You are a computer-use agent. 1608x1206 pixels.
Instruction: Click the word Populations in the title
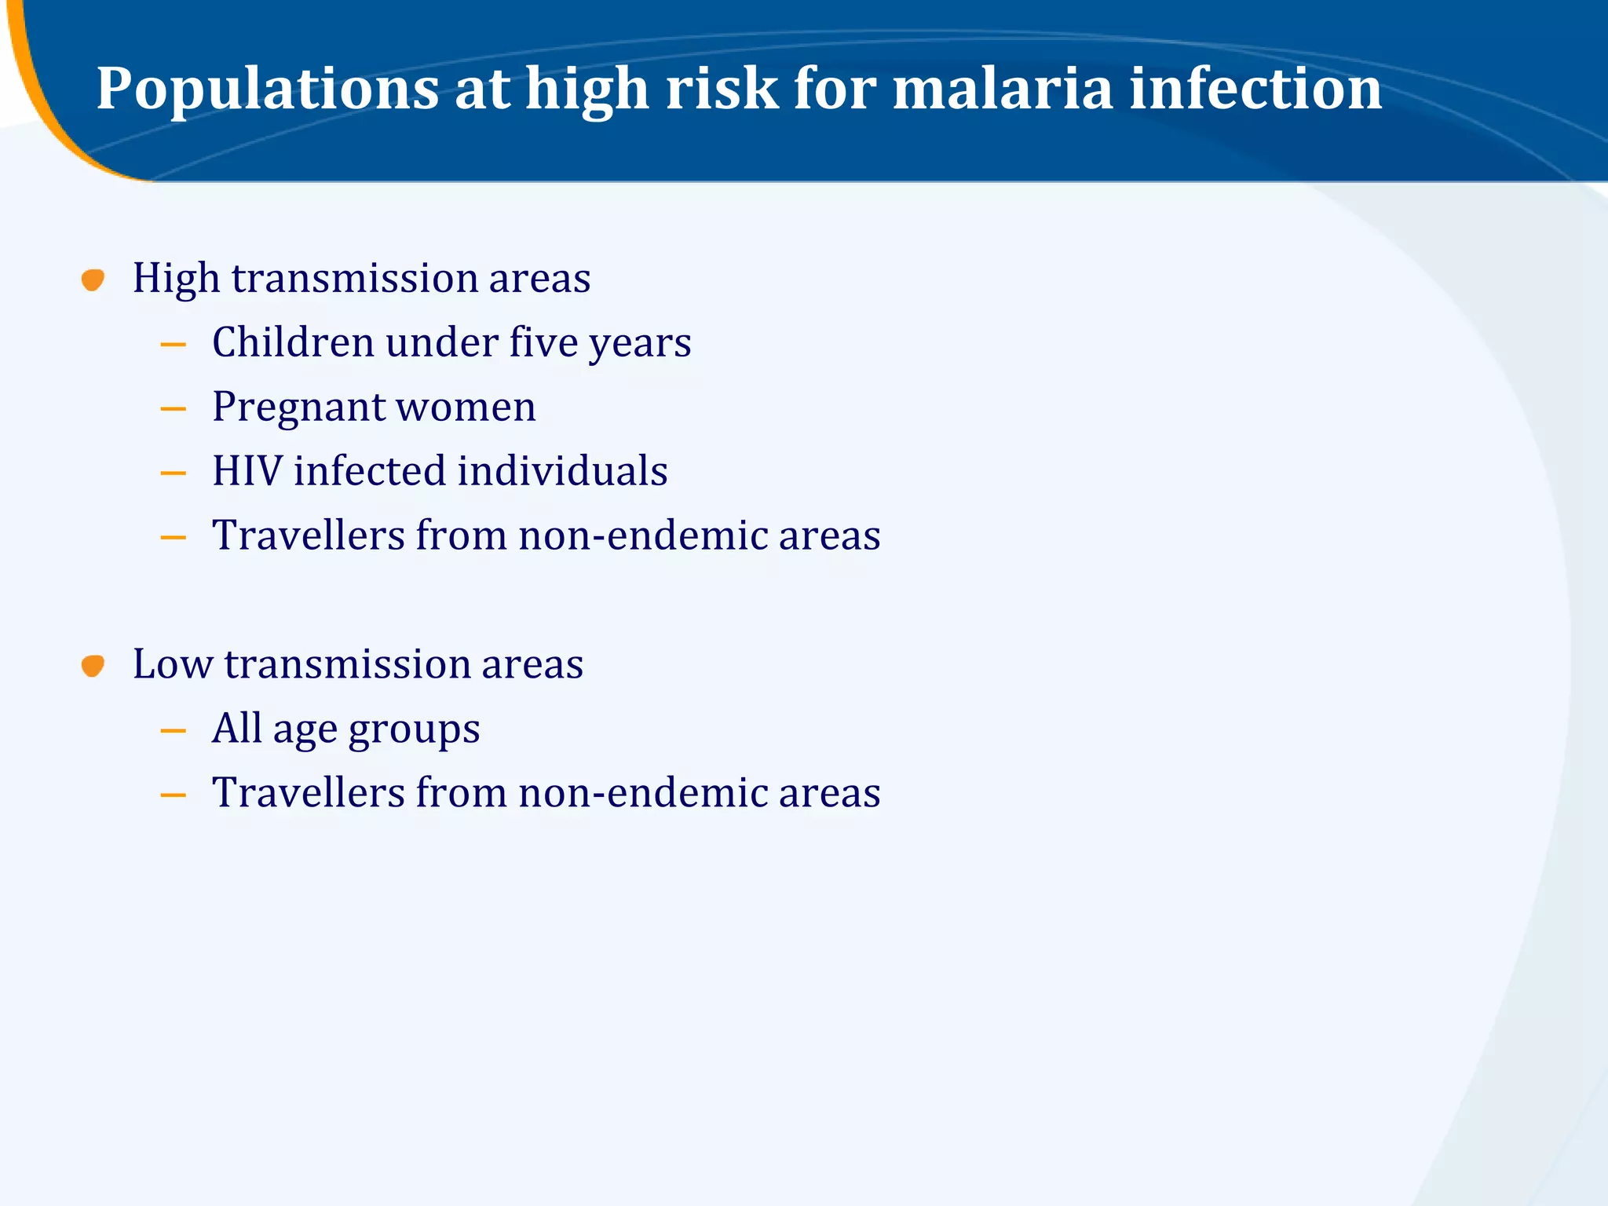point(267,90)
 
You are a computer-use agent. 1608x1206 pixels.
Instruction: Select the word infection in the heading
point(1255,88)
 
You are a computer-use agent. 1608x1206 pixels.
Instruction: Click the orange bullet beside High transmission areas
point(93,280)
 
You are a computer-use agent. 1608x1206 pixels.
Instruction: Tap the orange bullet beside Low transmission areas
point(93,666)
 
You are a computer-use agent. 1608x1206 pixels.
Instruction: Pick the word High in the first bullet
point(176,280)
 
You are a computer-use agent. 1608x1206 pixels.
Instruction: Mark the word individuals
point(562,471)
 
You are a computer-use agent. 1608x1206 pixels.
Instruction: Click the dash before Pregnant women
point(173,409)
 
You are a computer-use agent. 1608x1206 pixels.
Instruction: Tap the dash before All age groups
point(173,731)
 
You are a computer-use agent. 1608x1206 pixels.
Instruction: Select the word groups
point(414,730)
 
